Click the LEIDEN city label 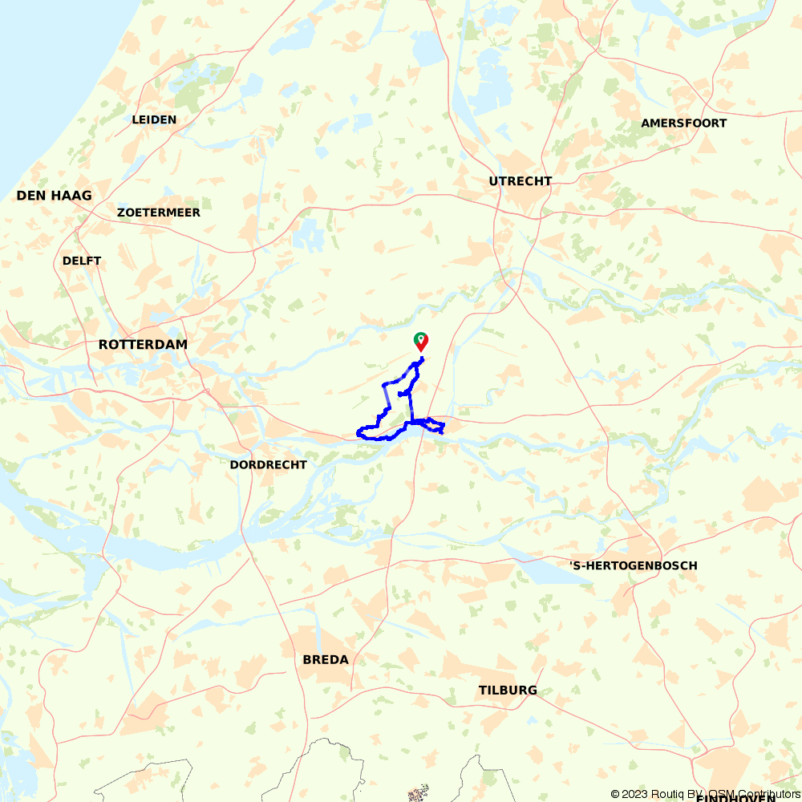tap(154, 119)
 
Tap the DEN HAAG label tap(54, 196)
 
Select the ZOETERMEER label tap(159, 213)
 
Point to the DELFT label tap(82, 261)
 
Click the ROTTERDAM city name tap(143, 344)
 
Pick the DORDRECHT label tap(268, 464)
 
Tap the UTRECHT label tap(520, 181)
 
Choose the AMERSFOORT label tap(683, 123)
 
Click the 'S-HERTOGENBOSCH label tap(633, 565)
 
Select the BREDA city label tap(326, 660)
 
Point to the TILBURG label tap(508, 691)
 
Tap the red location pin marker tap(420, 342)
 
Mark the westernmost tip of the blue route tap(358, 435)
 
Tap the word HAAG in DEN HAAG tap(73, 196)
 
